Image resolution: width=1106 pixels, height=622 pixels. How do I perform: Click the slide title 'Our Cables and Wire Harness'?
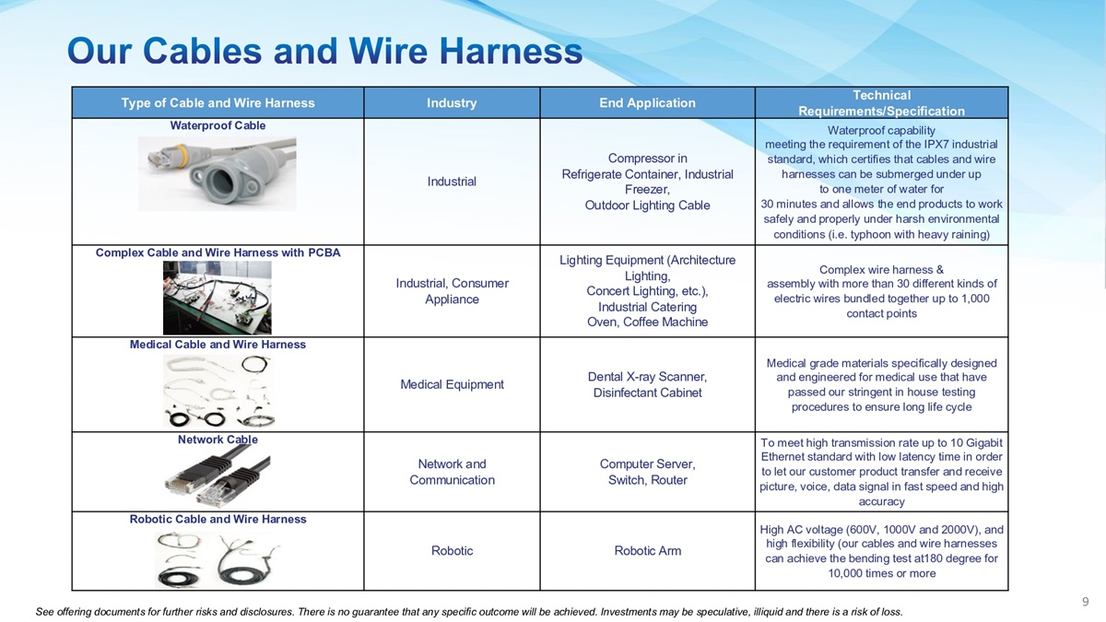point(324,52)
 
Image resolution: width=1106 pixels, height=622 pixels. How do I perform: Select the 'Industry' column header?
point(452,102)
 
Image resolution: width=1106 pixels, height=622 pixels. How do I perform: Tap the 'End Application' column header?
point(647,102)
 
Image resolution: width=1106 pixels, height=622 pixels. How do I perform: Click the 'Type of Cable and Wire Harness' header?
point(218,102)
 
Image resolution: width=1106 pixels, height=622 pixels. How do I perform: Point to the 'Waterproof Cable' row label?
point(218,125)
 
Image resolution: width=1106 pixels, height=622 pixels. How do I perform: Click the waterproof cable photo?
point(218,174)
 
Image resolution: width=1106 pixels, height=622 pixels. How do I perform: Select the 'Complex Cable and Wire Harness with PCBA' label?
point(218,252)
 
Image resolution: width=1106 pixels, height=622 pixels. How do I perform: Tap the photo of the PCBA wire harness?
point(218,298)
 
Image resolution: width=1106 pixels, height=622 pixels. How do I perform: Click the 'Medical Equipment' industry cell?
point(452,384)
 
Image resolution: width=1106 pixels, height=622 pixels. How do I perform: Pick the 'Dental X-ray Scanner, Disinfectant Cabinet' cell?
point(647,384)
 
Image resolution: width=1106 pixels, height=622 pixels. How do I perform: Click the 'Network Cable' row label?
point(218,440)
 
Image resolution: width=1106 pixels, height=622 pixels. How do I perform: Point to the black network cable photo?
point(218,475)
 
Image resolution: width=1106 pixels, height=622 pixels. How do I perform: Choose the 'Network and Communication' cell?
point(452,472)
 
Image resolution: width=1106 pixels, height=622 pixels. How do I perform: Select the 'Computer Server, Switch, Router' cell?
point(647,472)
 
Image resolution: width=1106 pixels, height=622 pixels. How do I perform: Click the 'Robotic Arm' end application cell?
point(647,551)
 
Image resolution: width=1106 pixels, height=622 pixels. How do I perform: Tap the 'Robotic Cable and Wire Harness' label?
point(218,520)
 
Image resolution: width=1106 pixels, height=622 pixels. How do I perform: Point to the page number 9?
point(1086,601)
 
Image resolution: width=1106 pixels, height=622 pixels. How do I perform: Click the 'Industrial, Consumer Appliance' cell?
point(452,291)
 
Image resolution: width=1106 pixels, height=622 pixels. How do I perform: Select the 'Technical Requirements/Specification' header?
point(881,102)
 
